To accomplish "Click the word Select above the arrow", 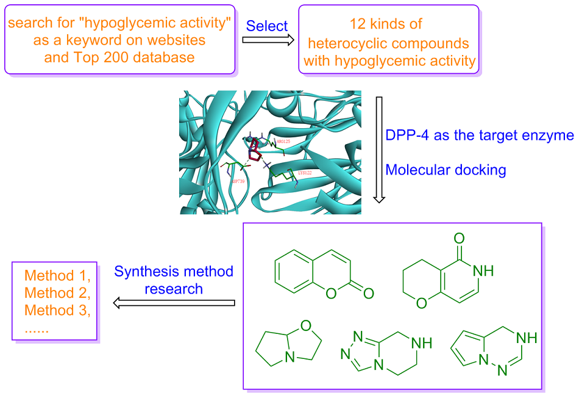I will pos(266,26).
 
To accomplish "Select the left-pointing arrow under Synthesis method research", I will pos(174,302).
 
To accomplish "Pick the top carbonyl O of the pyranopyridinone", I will pos(460,238).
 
